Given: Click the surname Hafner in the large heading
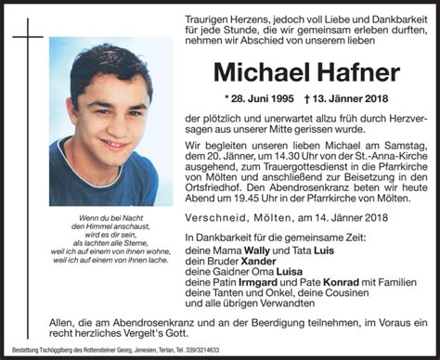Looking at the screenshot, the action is [349, 72].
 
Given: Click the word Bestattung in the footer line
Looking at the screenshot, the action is [19, 353].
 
